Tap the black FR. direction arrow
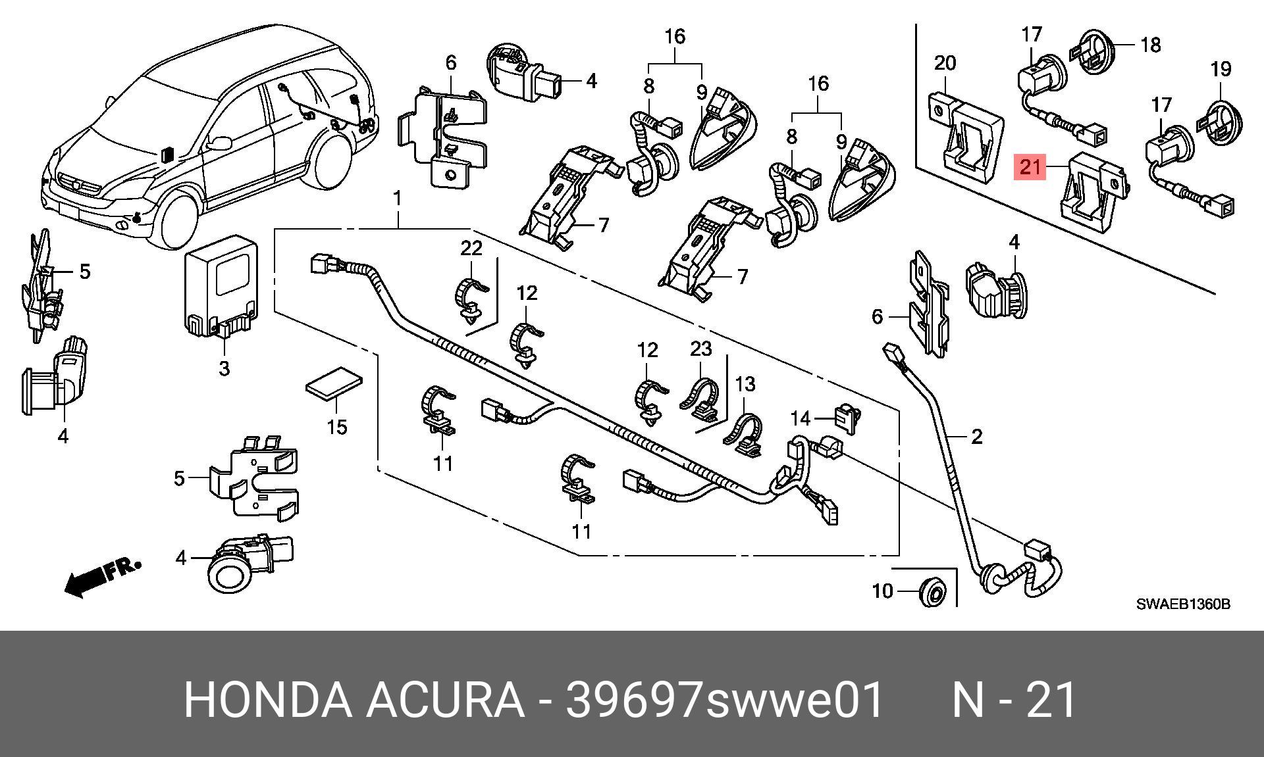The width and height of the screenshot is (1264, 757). (101, 577)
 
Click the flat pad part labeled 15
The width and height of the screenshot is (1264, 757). (335, 383)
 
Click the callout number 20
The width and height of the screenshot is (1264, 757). (945, 63)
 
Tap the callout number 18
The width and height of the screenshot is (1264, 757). (1150, 45)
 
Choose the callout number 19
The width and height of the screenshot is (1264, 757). (1221, 69)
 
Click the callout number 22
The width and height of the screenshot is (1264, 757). (471, 248)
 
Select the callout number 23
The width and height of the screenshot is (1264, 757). (701, 349)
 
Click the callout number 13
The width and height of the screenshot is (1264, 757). (745, 383)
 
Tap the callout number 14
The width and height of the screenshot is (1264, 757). (801, 418)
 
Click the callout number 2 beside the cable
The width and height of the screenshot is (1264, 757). (977, 436)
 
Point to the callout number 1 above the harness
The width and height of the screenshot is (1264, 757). (397, 197)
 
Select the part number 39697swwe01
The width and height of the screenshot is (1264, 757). (724, 700)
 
